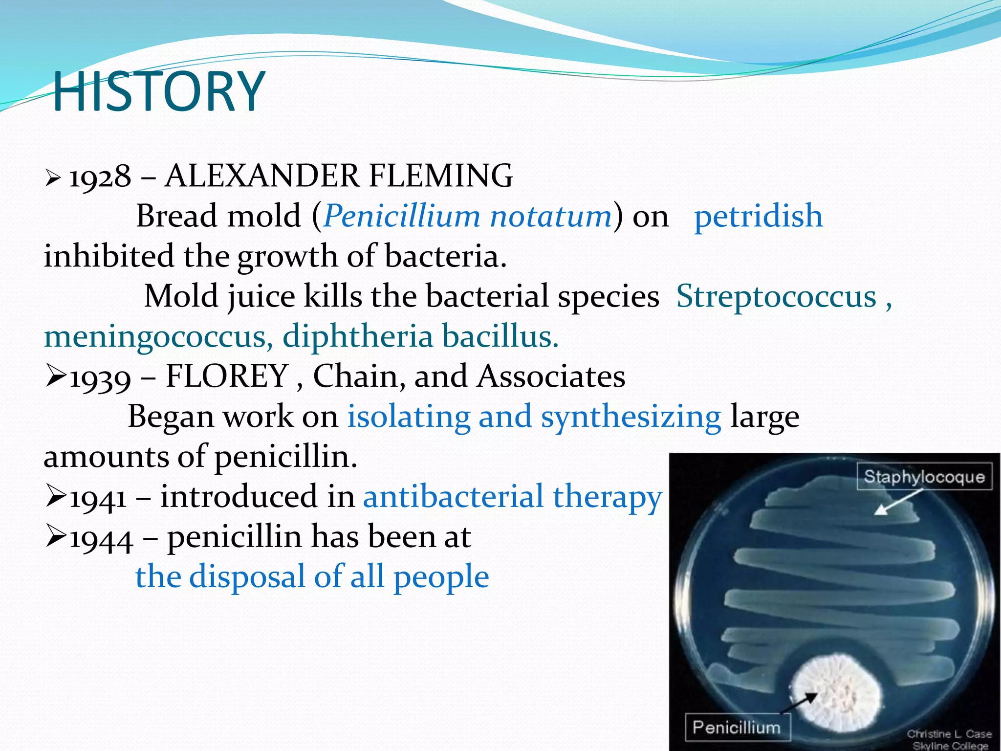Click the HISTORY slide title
point(159,91)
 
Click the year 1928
point(100,177)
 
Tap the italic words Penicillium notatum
point(467,216)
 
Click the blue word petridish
point(758,216)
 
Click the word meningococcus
point(155,337)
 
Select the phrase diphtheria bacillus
point(420,337)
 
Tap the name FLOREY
point(227,376)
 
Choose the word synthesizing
point(631,417)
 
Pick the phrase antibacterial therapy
point(512,497)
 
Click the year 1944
point(101,538)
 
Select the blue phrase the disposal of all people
point(312,577)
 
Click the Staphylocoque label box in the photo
point(924,477)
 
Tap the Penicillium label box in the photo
point(737,728)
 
